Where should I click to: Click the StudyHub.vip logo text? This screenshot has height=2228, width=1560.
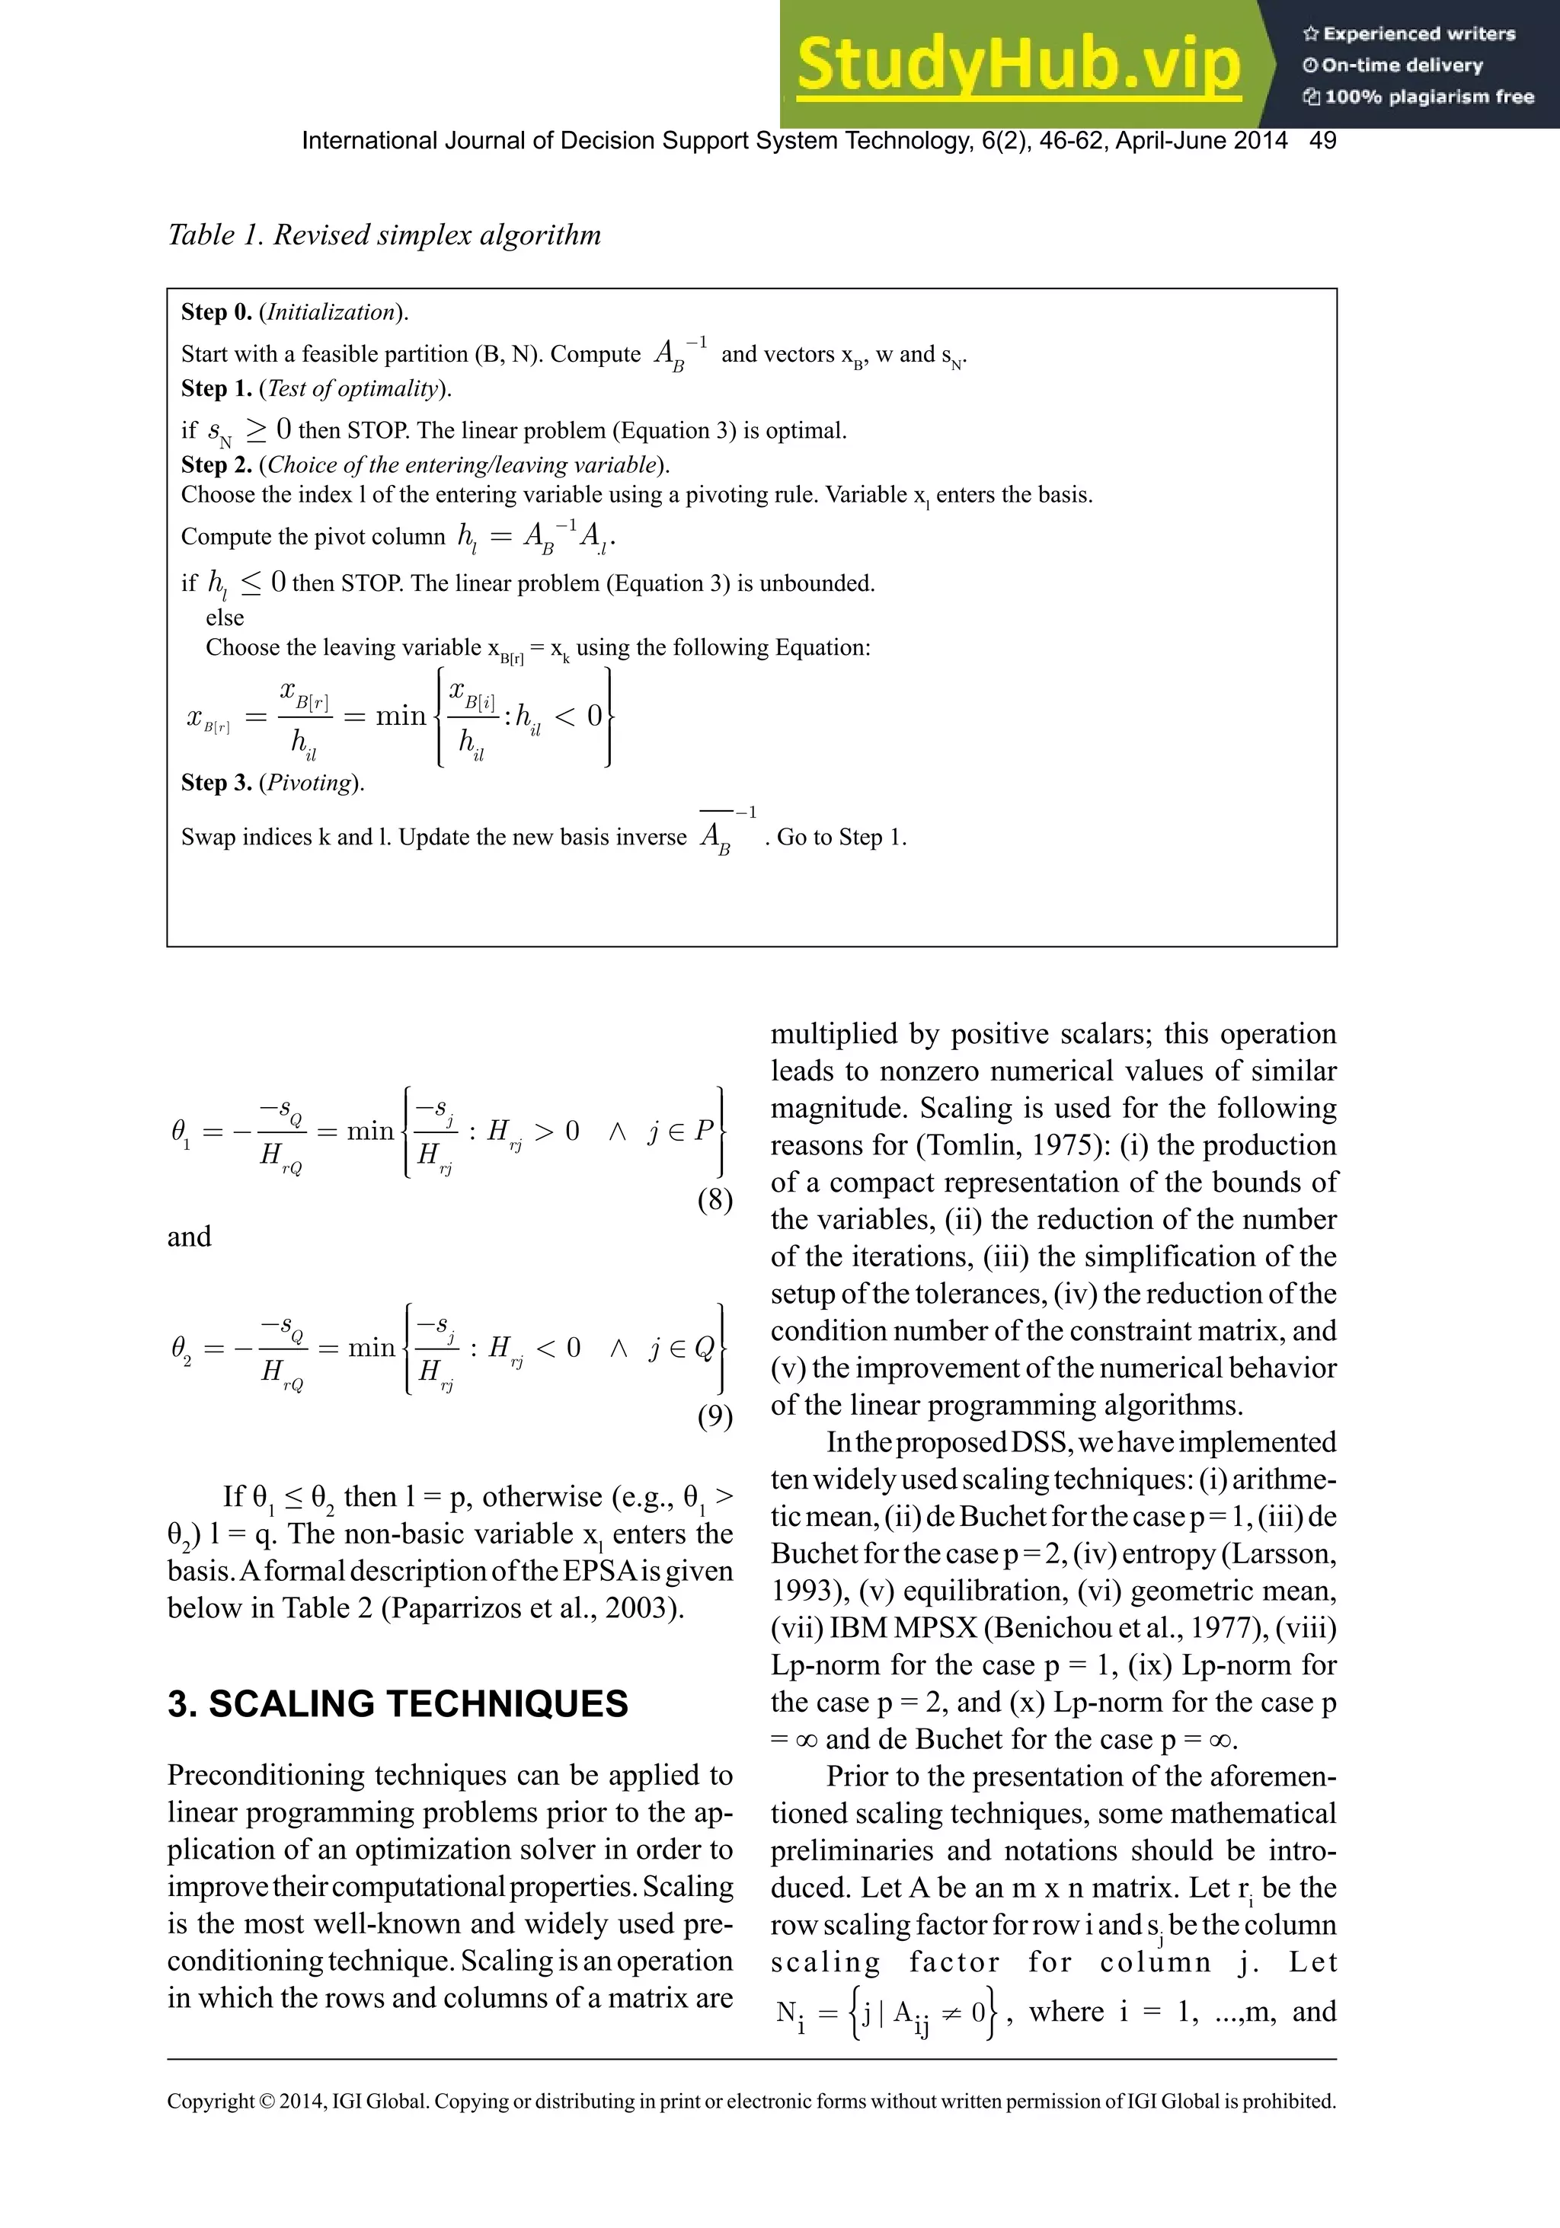[x=1018, y=64]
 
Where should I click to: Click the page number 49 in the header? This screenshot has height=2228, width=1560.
[x=1322, y=141]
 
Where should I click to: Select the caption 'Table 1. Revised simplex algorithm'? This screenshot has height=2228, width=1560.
[x=385, y=235]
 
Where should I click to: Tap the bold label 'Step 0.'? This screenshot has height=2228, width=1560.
[x=216, y=311]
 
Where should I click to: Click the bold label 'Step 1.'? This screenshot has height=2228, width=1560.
[x=216, y=388]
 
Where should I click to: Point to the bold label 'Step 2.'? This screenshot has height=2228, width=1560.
[x=216, y=464]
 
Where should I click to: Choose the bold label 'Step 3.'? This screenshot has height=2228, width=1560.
[x=216, y=782]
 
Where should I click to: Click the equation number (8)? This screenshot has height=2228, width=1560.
[x=714, y=1200]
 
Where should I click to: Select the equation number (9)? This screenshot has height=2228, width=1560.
[x=714, y=1417]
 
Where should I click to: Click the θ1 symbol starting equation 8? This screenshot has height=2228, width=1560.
[x=180, y=1132]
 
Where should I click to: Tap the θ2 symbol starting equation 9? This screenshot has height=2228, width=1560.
[x=180, y=1348]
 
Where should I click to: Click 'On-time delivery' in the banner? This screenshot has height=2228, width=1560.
[x=1401, y=65]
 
